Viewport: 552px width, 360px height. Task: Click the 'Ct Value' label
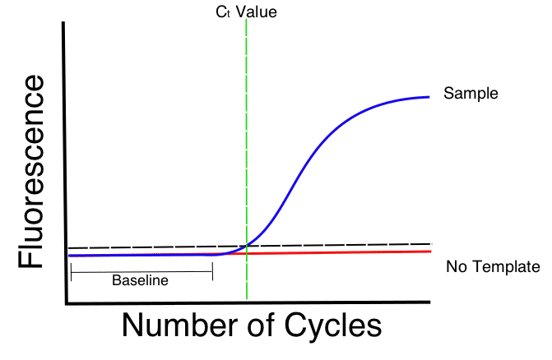coord(245,12)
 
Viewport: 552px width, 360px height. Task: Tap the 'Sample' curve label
coord(471,93)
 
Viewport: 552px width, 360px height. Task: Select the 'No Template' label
coord(492,266)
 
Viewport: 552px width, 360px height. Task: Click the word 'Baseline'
coord(140,280)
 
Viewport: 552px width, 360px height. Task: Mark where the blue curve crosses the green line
coord(246,245)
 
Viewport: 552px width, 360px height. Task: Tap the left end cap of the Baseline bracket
coord(72,272)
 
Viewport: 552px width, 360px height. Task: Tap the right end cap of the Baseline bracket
coord(212,272)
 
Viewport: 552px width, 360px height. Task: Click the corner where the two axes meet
coord(65,304)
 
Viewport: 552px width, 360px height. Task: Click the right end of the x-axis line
coord(431,303)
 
